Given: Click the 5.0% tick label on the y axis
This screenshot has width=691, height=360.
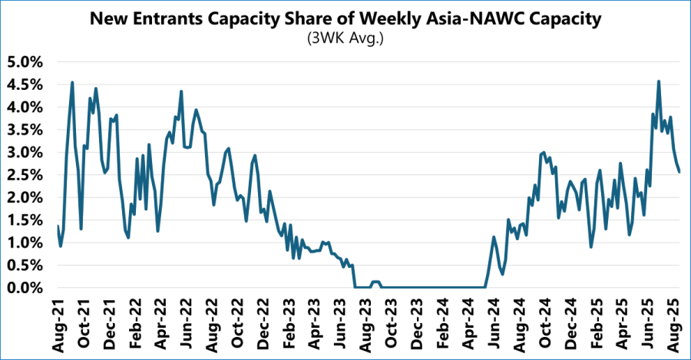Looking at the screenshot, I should pos(28,61).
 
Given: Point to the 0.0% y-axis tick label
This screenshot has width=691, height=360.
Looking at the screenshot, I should pos(28,288).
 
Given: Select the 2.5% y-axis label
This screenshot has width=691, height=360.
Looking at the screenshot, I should pos(28,175).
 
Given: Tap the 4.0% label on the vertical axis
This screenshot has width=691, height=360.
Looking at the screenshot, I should pos(28,107).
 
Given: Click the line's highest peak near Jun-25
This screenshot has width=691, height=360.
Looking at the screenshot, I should pos(659,81).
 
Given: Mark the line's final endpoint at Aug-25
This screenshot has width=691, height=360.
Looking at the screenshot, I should pos(679,172).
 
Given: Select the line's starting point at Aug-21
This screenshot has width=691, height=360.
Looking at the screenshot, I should pos(58,226).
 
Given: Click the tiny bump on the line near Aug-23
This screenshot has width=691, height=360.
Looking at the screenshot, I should pos(375,282).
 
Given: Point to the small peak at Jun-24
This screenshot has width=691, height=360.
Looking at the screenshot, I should pos(494,237).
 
